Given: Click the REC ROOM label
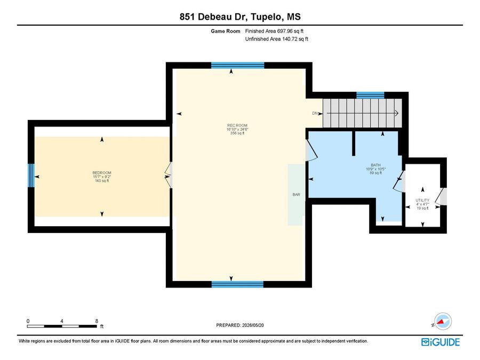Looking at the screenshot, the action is point(237,125).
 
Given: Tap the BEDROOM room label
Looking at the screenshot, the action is point(102,173).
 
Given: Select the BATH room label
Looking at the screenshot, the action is point(375,165).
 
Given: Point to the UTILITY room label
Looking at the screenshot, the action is point(422,200).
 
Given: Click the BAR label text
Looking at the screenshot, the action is point(297,194).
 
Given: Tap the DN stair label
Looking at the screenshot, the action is point(315,113).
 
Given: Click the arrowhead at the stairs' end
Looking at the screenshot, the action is point(396,113).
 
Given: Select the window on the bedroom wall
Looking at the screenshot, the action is point(31,175).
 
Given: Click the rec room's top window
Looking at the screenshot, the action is point(237,65).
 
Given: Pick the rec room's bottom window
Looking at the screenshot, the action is point(237,284).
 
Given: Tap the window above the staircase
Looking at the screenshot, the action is point(371,95).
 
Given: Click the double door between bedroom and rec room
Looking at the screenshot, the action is point(169,175).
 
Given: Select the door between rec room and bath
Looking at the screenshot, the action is point(311,150).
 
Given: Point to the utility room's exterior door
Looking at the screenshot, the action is point(441,196).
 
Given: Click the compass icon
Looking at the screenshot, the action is point(442,322).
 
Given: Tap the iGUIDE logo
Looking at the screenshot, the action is point(441,342).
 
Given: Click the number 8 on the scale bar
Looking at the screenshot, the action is point(97,321).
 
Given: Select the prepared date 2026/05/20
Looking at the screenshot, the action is point(253,325).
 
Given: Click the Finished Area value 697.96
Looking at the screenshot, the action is point(285,31).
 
